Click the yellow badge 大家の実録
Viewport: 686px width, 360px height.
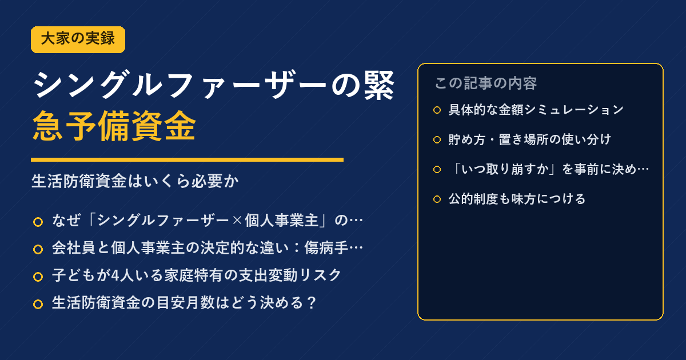[78, 39]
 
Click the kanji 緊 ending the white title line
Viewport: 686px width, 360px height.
[379, 85]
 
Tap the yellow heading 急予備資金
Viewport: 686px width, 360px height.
[114, 126]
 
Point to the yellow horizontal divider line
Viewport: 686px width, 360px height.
[187, 159]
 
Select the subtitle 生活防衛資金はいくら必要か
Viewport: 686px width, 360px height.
[135, 181]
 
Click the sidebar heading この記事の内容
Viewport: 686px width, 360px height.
[486, 83]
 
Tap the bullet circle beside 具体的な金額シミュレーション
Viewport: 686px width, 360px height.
[437, 110]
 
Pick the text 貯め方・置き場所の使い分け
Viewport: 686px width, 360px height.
[530, 139]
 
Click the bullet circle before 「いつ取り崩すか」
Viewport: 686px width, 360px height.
[437, 169]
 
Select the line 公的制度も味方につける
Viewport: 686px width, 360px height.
[517, 199]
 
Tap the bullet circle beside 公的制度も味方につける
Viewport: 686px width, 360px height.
[437, 199]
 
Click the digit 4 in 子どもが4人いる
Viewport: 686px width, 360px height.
[115, 275]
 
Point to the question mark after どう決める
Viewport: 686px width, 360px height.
[312, 303]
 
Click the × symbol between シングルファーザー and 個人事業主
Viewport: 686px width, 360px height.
[237, 221]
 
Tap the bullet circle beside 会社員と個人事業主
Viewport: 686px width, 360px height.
[38, 249]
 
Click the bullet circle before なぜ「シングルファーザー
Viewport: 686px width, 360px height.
[38, 222]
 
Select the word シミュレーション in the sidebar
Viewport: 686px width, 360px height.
[574, 110]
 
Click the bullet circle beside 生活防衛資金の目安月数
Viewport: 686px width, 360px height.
[38, 304]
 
